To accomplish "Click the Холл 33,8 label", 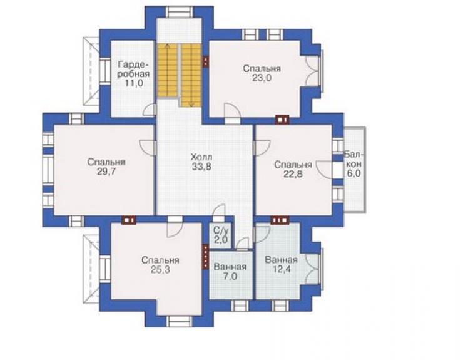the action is [x=201, y=162].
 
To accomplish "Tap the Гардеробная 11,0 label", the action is [x=133, y=74].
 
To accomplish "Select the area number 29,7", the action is [x=106, y=172].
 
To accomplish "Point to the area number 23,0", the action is [x=262, y=78].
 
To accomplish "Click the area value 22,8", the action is [x=293, y=174].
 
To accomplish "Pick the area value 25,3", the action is [x=160, y=270].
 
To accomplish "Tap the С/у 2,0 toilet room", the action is [x=221, y=235].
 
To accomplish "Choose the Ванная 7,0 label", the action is [x=230, y=272].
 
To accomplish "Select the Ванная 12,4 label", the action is [x=281, y=265].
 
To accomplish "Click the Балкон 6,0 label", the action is [x=354, y=164].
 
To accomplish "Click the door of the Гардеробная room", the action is [x=150, y=110].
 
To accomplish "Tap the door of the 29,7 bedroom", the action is [x=147, y=147].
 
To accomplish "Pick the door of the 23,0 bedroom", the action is [x=232, y=111].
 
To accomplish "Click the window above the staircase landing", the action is [x=179, y=11].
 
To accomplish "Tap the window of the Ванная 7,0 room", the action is [x=240, y=306].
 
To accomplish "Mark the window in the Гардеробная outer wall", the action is [x=104, y=71].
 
